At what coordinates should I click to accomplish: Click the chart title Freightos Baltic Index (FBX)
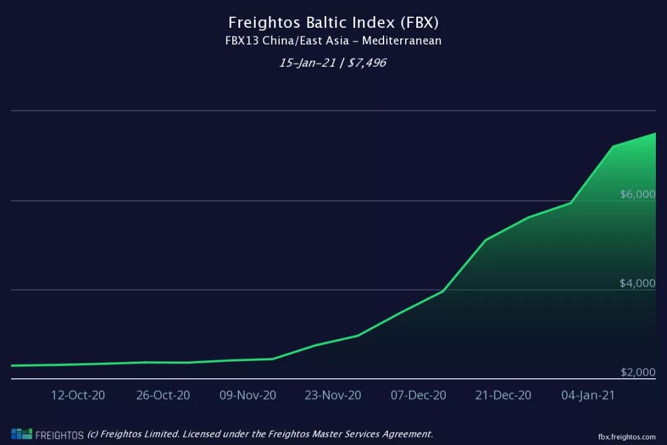tap(333, 23)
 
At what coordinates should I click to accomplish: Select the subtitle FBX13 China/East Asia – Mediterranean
tap(333, 41)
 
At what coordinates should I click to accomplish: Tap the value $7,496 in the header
tap(367, 62)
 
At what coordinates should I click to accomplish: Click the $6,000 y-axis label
tap(637, 194)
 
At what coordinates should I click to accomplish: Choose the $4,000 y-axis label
tap(637, 284)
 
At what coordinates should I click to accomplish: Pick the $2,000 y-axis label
tap(637, 372)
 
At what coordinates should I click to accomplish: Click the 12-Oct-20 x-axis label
tap(78, 396)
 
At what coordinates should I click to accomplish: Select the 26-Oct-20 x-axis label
tap(163, 396)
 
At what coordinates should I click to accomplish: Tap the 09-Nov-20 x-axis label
tap(248, 396)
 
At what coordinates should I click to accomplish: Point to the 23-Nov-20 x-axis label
tap(333, 396)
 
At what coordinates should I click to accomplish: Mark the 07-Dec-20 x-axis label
tap(418, 396)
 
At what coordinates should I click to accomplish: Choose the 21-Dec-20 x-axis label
tap(503, 396)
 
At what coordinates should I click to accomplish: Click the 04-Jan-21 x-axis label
tap(588, 396)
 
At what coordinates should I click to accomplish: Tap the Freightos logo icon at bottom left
tap(21, 434)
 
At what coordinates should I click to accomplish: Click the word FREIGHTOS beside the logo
tap(59, 435)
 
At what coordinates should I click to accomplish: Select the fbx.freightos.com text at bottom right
tap(626, 436)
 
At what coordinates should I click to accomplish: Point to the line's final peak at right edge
tap(655, 133)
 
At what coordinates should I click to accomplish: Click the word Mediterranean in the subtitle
tap(401, 41)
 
